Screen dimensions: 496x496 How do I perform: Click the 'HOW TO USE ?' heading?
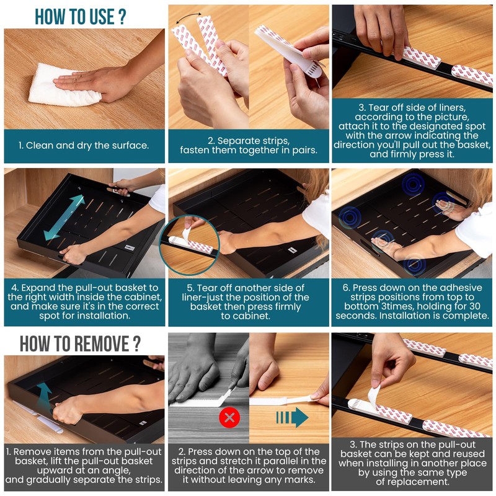click(81, 17)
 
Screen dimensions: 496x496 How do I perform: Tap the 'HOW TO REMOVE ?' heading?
click(81, 343)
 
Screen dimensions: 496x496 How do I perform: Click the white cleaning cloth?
click(63, 86)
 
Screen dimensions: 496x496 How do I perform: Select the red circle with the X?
click(229, 417)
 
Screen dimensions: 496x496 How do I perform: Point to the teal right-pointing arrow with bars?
click(292, 417)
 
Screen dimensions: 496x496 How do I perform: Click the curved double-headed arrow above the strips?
click(188, 17)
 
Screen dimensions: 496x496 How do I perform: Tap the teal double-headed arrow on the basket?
click(64, 218)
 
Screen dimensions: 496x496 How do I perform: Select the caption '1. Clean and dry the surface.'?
click(84, 146)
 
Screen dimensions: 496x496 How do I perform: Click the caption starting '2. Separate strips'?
click(249, 145)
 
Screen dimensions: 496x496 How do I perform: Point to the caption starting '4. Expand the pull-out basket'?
click(84, 301)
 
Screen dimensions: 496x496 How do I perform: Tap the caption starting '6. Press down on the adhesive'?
click(412, 301)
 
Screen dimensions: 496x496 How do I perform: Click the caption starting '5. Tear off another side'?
click(246, 302)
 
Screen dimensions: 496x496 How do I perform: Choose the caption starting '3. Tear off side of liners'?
click(412, 131)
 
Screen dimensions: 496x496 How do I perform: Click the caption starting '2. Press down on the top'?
click(249, 466)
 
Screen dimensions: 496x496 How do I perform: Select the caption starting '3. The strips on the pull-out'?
click(412, 463)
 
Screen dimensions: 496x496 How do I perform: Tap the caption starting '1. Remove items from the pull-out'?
click(84, 466)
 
